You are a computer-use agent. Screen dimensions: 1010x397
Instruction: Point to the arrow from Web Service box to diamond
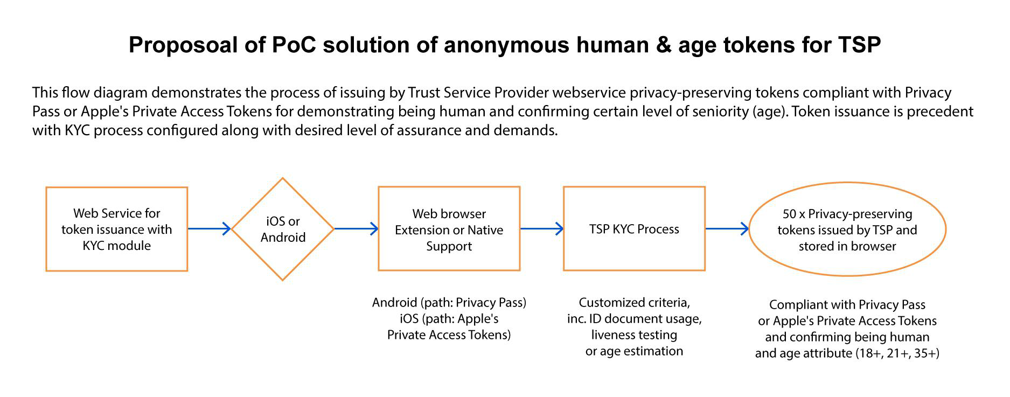[x=210, y=229]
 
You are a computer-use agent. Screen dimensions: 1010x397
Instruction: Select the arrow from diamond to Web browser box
[x=357, y=229]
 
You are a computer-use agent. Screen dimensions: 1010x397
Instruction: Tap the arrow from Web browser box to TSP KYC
[x=542, y=229]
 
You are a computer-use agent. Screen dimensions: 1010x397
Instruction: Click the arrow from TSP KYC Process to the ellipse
[x=727, y=229]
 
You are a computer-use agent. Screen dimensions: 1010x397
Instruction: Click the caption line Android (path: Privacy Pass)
[x=449, y=303]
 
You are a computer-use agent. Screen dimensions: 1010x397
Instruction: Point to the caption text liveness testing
[x=635, y=335]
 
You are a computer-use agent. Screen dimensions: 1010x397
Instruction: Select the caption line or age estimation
[x=635, y=351]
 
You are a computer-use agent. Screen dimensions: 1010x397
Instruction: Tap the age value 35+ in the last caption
[x=927, y=353]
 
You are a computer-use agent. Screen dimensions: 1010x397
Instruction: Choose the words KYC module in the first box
[x=117, y=246]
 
